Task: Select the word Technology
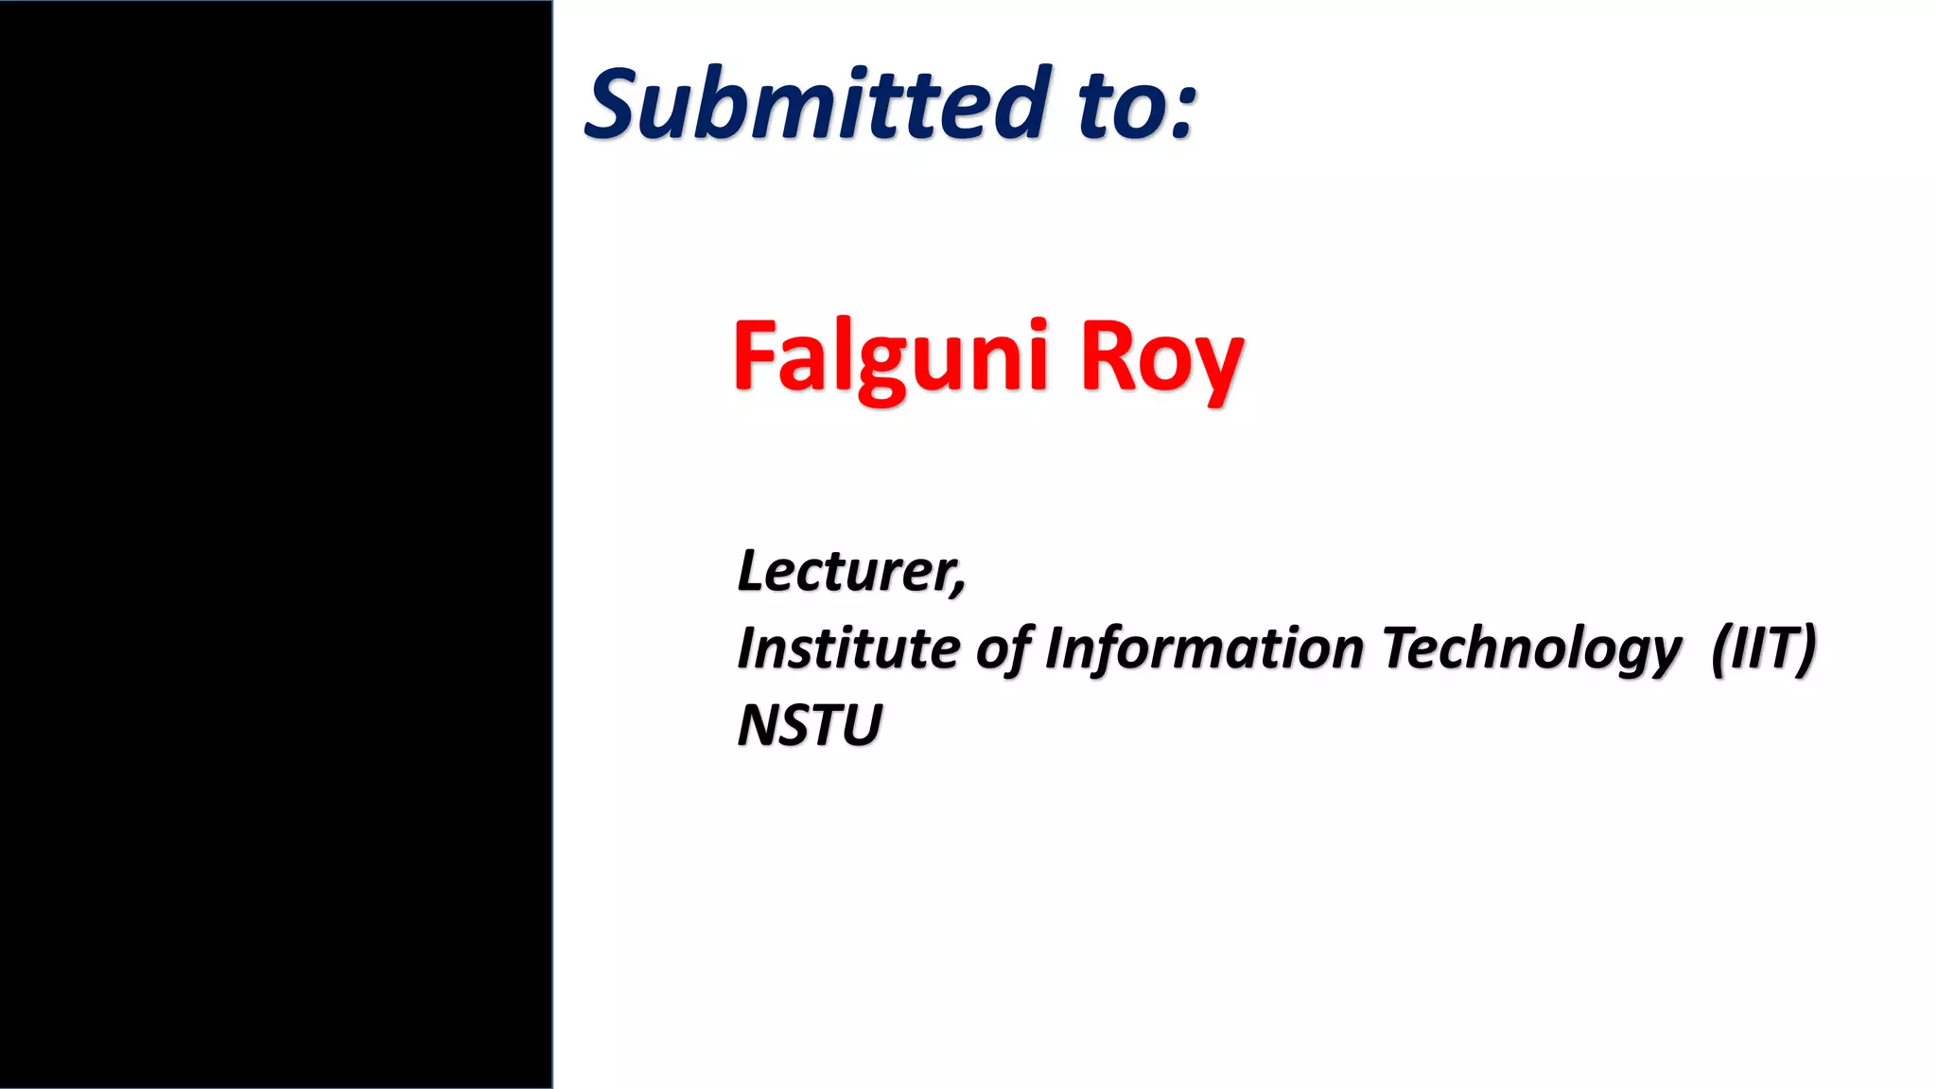point(1531,650)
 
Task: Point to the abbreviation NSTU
point(810,725)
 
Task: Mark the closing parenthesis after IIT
point(1806,649)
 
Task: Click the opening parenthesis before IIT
point(1720,649)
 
